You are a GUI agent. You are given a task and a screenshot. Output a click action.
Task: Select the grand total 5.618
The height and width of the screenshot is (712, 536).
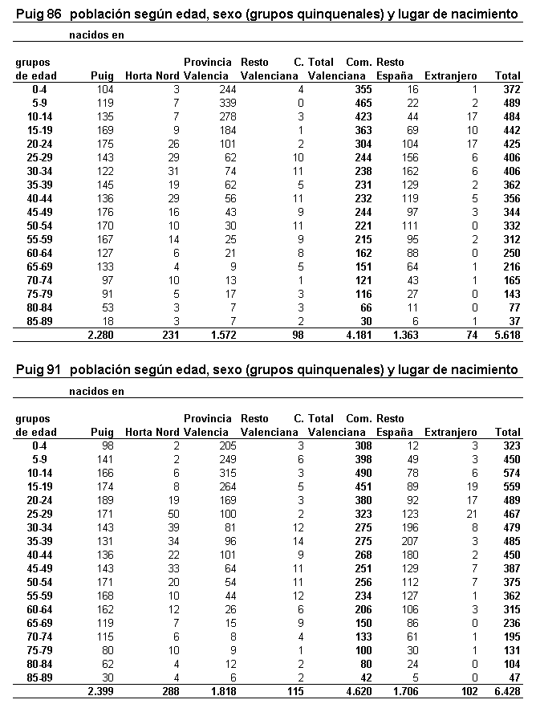[508, 335]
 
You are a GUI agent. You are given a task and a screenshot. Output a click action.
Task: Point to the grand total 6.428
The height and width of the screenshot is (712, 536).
[508, 691]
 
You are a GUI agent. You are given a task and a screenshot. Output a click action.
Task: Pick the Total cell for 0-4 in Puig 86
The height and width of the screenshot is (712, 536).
[511, 89]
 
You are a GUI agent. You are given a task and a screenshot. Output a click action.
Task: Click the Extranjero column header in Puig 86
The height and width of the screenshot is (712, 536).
[451, 75]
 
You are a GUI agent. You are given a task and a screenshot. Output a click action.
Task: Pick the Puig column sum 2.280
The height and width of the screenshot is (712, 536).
[98, 335]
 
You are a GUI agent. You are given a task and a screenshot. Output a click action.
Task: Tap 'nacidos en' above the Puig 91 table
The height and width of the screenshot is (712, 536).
[96, 392]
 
